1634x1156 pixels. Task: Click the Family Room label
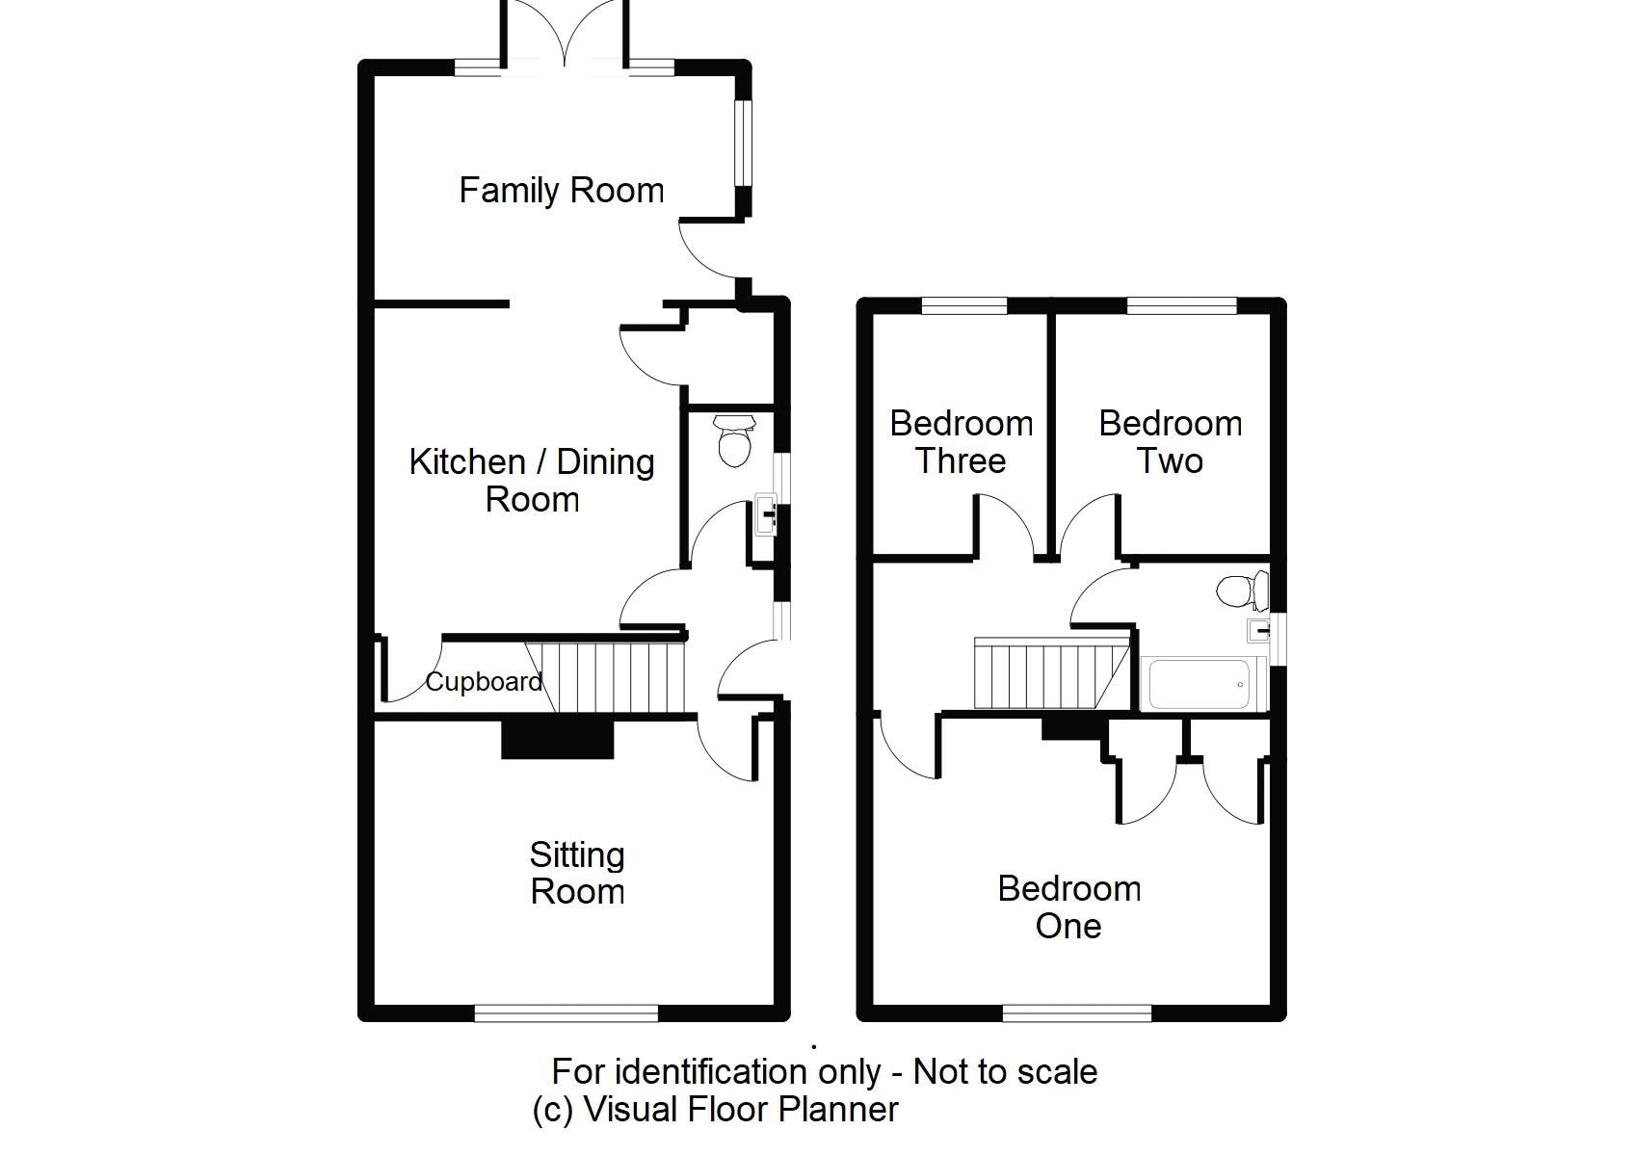561,190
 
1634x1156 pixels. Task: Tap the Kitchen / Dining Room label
532,481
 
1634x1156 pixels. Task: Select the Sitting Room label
577,873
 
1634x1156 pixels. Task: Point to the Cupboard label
484,682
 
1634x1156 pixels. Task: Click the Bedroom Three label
961,442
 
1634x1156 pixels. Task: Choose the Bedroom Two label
1170,442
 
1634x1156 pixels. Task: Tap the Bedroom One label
1068,906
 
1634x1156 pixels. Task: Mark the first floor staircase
1050,673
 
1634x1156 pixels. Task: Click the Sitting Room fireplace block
557,739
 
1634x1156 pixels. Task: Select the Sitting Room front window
566,1011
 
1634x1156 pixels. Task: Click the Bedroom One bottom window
1077,1011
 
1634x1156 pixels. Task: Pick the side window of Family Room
743,142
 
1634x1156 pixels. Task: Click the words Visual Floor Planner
740,1110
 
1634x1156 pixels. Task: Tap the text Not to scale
1005,1071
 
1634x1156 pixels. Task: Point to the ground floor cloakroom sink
766,514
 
